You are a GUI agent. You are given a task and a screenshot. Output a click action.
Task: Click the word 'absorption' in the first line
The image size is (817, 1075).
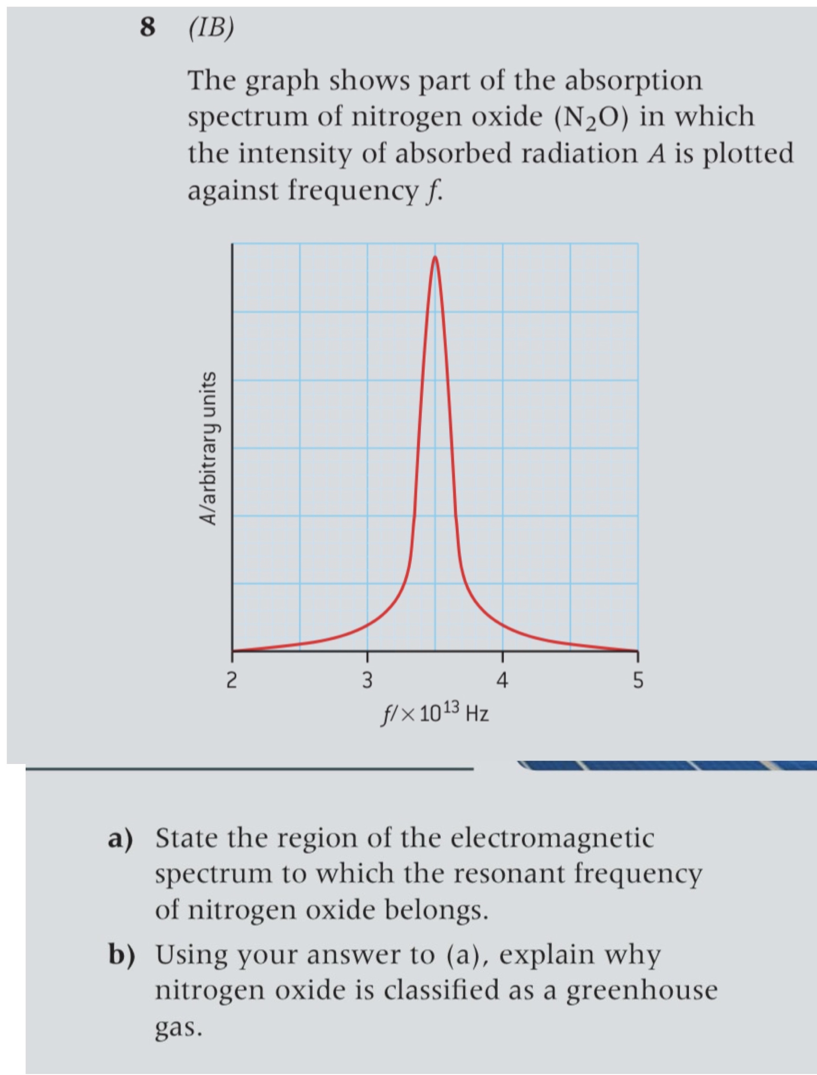633,81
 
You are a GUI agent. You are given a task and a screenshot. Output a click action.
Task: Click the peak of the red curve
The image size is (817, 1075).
435,258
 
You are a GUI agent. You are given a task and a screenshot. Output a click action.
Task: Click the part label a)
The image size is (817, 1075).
120,839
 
